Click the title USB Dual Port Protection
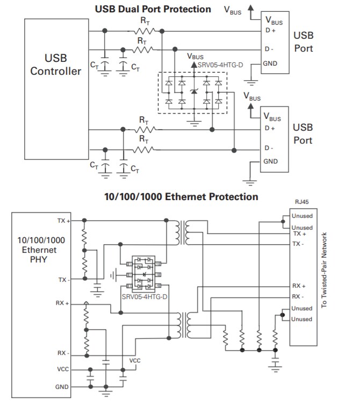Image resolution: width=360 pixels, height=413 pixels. pos(153,9)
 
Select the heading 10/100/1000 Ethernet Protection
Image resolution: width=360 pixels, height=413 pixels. pos(181,197)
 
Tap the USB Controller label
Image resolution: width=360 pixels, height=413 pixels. pos(56,65)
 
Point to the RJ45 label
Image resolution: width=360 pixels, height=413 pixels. pos(301,203)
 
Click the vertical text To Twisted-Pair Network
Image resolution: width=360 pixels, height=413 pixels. pos(324,269)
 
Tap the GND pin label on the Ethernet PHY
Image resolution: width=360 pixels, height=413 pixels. pos(62,387)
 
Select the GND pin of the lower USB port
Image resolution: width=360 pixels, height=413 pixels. pos(270,161)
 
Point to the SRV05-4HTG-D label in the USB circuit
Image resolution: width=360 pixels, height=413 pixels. pos(221,64)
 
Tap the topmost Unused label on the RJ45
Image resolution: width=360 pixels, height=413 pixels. pos(301,216)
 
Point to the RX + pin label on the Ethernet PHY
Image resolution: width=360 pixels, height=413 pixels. pos(63,303)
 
